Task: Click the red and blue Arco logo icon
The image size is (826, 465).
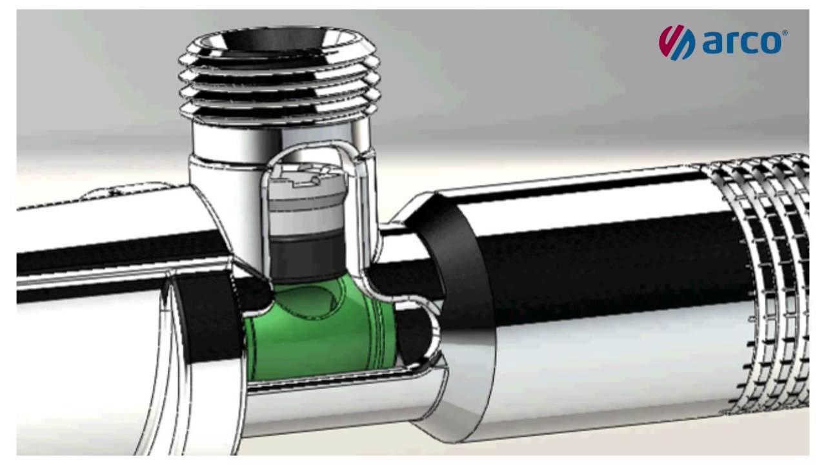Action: (677, 42)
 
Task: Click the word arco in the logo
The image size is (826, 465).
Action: (741, 43)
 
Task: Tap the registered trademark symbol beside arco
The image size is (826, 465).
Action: (785, 33)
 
